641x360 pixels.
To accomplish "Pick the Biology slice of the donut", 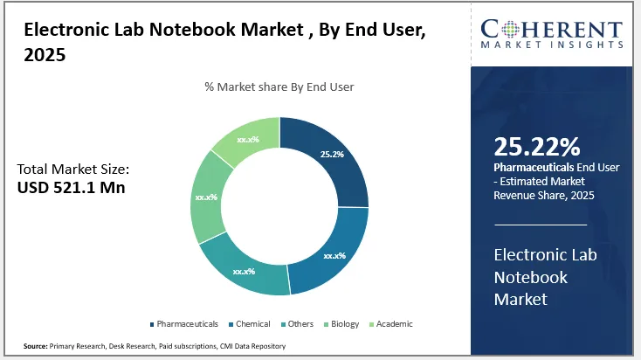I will point(208,198).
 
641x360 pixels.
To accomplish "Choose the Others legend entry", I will point(300,324).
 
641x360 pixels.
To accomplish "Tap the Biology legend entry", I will point(344,324).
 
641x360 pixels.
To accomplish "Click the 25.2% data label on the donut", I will point(332,154).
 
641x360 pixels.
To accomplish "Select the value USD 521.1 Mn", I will point(72,186).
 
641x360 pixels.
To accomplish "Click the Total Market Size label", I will point(73,169).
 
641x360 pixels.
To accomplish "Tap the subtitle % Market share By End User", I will point(279,87).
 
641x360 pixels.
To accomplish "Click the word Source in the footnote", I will point(34,347).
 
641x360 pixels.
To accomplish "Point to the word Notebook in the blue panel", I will point(531,278).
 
